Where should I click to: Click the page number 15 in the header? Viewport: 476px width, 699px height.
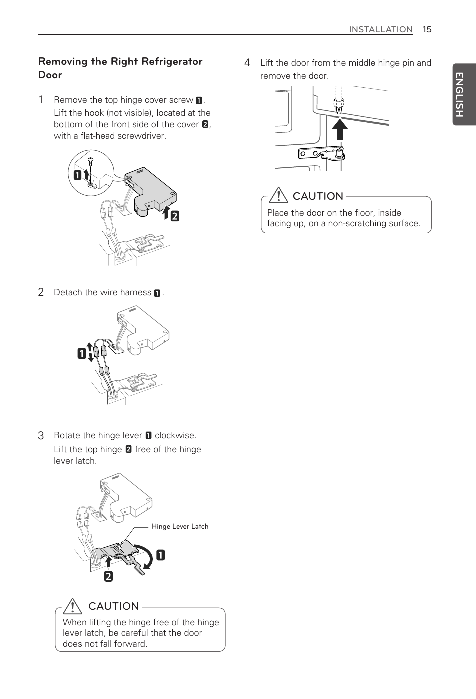427,29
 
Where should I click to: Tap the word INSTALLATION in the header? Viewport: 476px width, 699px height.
380,29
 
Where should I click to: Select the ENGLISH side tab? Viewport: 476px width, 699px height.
460,94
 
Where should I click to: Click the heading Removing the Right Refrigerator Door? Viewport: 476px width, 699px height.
120,68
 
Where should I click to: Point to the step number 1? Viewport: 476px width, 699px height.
41,100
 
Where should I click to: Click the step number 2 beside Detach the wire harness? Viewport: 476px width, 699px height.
41,292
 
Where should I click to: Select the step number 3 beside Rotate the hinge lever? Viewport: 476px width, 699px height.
41,435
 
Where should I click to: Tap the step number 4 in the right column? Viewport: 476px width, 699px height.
247,63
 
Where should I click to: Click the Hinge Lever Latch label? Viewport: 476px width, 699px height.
180,526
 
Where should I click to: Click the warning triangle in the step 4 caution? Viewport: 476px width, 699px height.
278,195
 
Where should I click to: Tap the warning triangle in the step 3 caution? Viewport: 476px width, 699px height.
73,606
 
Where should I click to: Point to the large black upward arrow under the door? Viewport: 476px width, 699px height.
339,130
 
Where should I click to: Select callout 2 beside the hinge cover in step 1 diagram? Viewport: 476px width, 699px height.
175,216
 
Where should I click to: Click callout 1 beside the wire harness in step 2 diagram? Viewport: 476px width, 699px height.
81,354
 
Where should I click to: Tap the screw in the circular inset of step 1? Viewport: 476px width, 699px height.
90,160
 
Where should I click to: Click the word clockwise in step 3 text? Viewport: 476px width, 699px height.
175,435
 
